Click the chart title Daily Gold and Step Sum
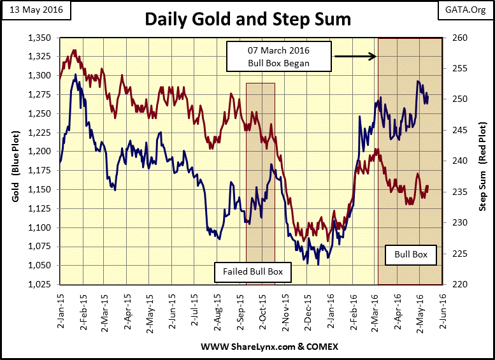[x=248, y=19]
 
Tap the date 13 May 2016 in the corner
[x=31, y=12]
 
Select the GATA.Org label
[x=463, y=12]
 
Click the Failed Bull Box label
[x=252, y=272]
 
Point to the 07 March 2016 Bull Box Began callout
[x=280, y=56]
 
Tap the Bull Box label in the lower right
[x=411, y=256]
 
